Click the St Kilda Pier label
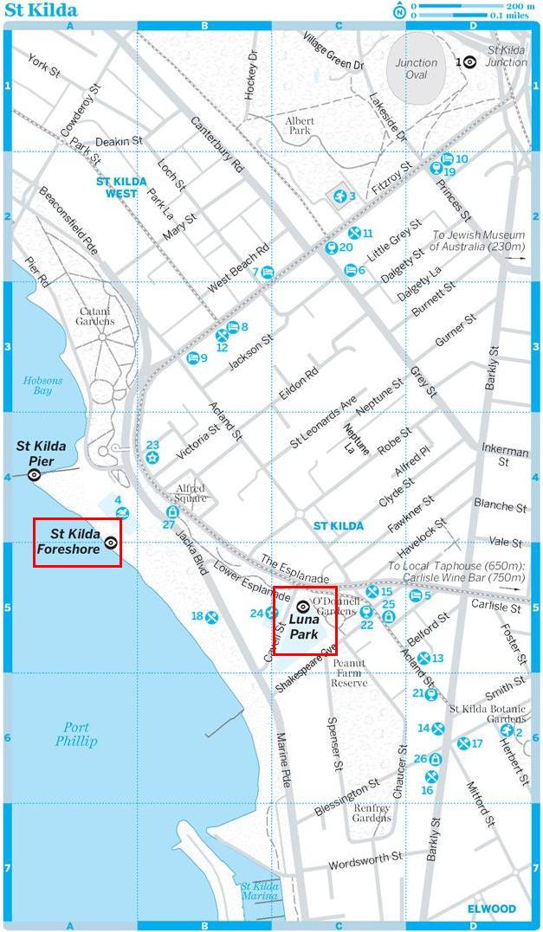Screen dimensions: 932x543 (x=41, y=453)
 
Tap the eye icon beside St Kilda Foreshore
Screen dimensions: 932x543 (x=111, y=543)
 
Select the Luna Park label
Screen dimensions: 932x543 (x=304, y=627)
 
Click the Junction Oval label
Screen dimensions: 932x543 (x=417, y=68)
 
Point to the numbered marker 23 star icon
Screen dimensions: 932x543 (x=152, y=456)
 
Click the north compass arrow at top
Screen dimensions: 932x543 (x=399, y=10)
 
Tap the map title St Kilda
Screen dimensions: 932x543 (x=41, y=10)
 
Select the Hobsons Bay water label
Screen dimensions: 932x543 (x=37, y=385)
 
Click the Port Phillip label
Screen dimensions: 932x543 (x=76, y=734)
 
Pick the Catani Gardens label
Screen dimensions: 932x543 (x=97, y=316)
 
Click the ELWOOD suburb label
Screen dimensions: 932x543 (x=491, y=909)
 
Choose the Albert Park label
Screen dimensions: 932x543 (x=299, y=125)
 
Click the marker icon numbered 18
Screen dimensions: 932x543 (x=211, y=616)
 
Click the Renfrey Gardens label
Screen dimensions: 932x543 (x=372, y=813)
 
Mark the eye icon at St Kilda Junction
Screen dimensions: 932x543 (x=469, y=62)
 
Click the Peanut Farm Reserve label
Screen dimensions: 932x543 (x=349, y=672)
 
